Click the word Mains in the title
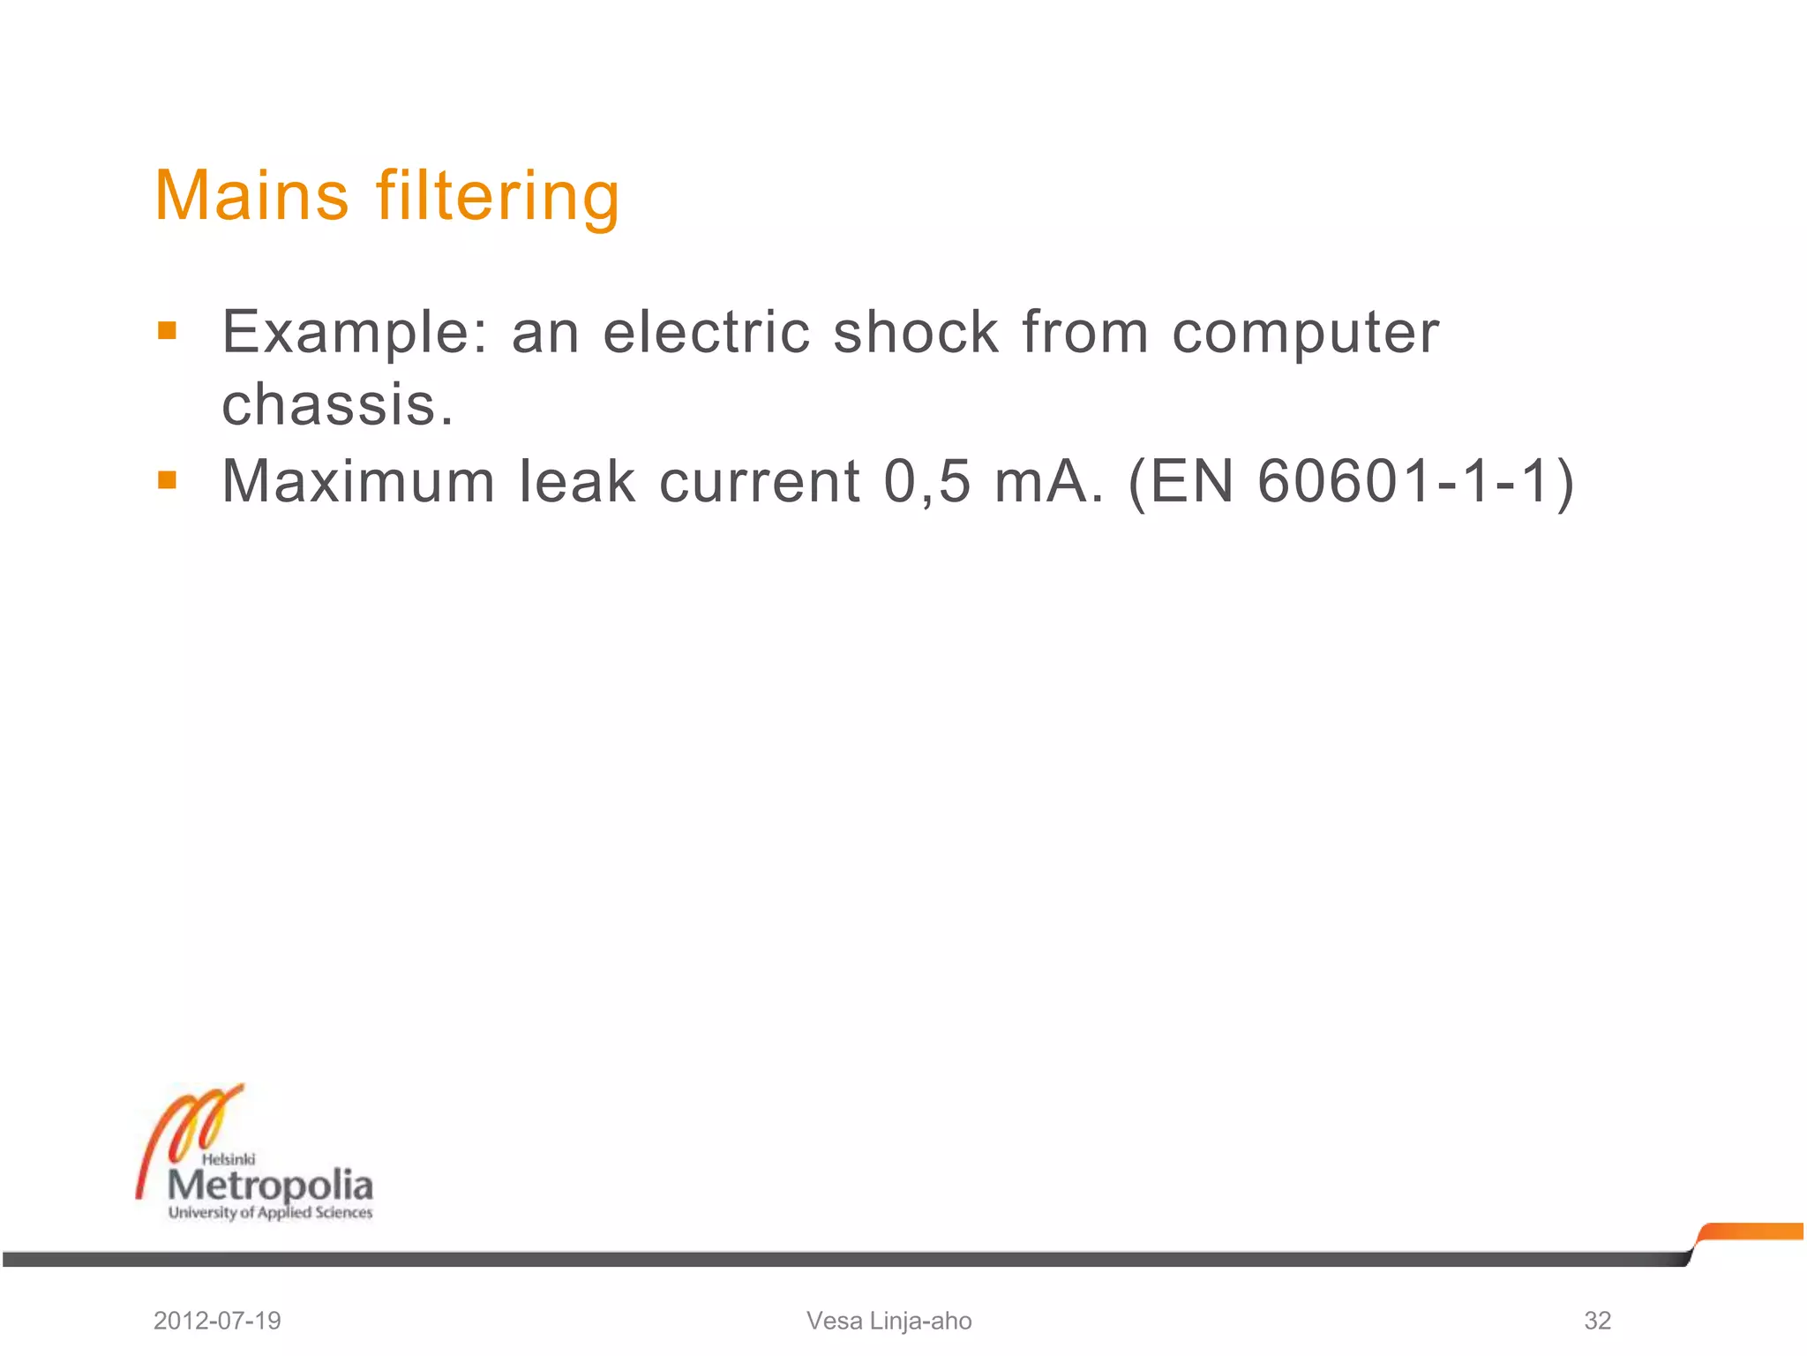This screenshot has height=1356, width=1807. pyautogui.click(x=251, y=195)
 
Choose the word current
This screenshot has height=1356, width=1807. pyautogui.click(x=760, y=482)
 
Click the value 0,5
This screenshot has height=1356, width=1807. pyautogui.click(x=926, y=482)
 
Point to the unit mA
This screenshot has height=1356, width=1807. pyautogui.click(x=1048, y=482)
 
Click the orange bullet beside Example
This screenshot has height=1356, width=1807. pyautogui.click(x=167, y=332)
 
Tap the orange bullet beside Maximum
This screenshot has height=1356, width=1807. pyautogui.click(x=167, y=480)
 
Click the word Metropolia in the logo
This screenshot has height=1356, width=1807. pyautogui.click(x=270, y=1185)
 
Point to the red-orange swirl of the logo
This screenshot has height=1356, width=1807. pyautogui.click(x=185, y=1130)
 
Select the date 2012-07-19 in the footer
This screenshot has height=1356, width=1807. pyautogui.click(x=217, y=1321)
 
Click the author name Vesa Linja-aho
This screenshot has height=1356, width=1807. pyautogui.click(x=889, y=1321)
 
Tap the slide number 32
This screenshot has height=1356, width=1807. pyautogui.click(x=1597, y=1321)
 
